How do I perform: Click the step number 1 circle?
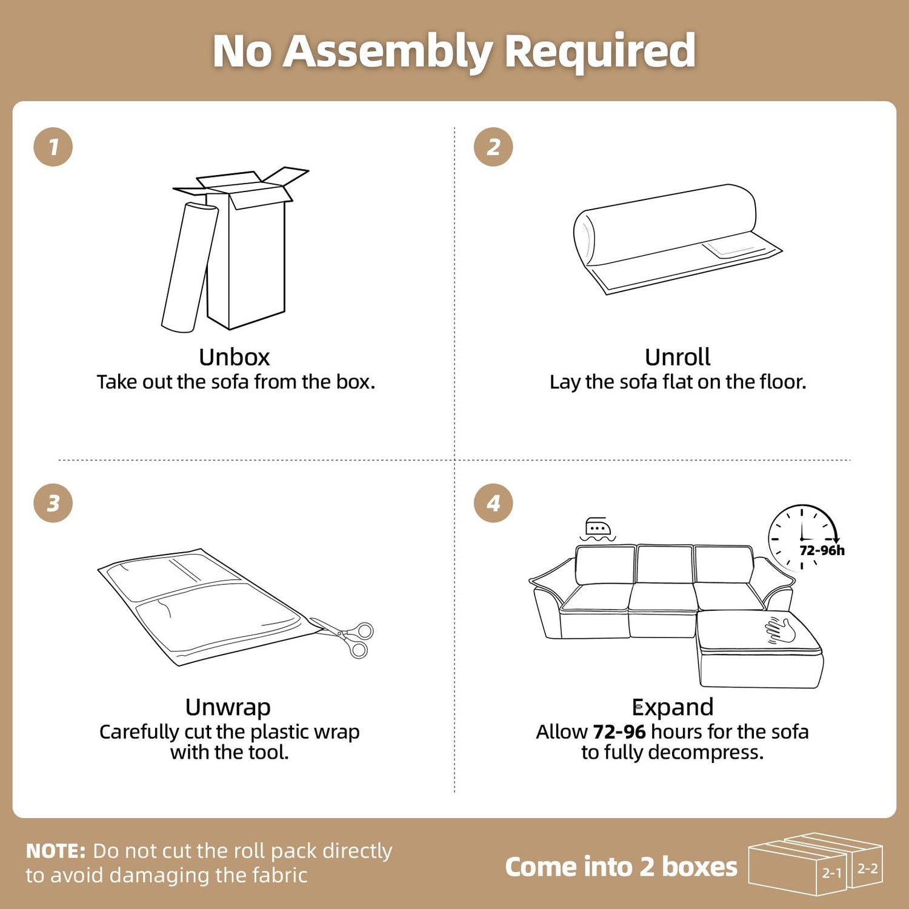pyautogui.click(x=53, y=147)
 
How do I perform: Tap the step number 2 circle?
pyautogui.click(x=493, y=147)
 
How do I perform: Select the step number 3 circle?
pyautogui.click(x=53, y=503)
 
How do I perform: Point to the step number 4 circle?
pyautogui.click(x=493, y=503)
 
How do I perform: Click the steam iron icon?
pyautogui.click(x=598, y=529)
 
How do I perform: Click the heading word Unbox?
pyautogui.click(x=235, y=357)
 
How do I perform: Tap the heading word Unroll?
pyautogui.click(x=678, y=357)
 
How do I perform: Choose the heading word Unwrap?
pyautogui.click(x=228, y=707)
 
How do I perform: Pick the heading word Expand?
pyautogui.click(x=673, y=707)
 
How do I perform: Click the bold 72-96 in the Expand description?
pyautogui.click(x=619, y=731)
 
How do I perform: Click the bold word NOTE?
pyautogui.click(x=56, y=851)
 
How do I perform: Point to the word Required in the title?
pyautogui.click(x=600, y=51)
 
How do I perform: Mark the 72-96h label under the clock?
pyautogui.click(x=822, y=550)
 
